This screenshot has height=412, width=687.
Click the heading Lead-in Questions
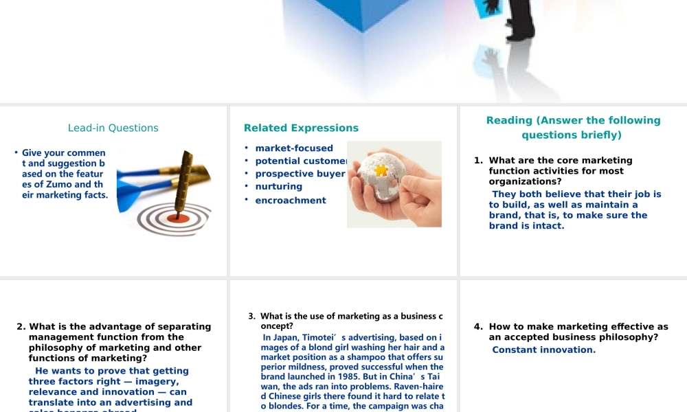coord(113,128)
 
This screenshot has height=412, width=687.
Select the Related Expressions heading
coord(301,128)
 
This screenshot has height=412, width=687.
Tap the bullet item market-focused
coord(294,148)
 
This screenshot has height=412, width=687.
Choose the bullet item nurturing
coord(278,187)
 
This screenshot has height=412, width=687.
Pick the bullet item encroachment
coord(291,201)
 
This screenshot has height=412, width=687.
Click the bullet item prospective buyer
coord(300,174)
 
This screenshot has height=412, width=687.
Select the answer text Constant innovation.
coord(543,350)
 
